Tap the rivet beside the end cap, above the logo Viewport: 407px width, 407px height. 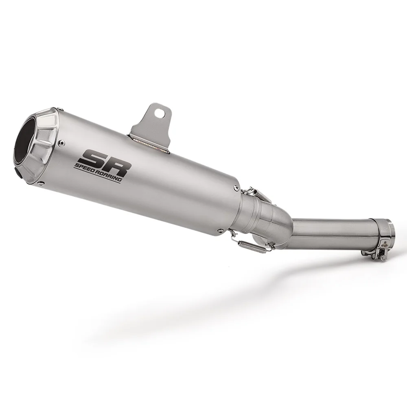click(61, 142)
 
